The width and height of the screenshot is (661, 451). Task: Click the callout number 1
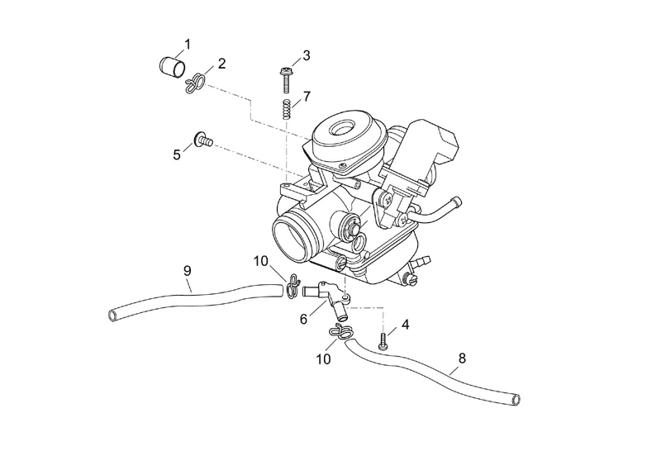tap(188, 43)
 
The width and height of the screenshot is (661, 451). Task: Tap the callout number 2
tap(221, 64)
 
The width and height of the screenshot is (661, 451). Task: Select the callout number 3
tap(306, 55)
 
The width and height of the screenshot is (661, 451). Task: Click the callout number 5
tap(177, 154)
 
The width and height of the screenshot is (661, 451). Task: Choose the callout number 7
tap(306, 97)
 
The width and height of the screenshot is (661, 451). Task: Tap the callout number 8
tap(462, 358)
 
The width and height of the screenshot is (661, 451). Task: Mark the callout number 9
tap(187, 270)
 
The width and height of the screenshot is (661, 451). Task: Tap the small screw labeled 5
tap(202, 141)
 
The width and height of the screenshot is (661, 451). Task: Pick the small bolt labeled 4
tap(383, 338)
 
